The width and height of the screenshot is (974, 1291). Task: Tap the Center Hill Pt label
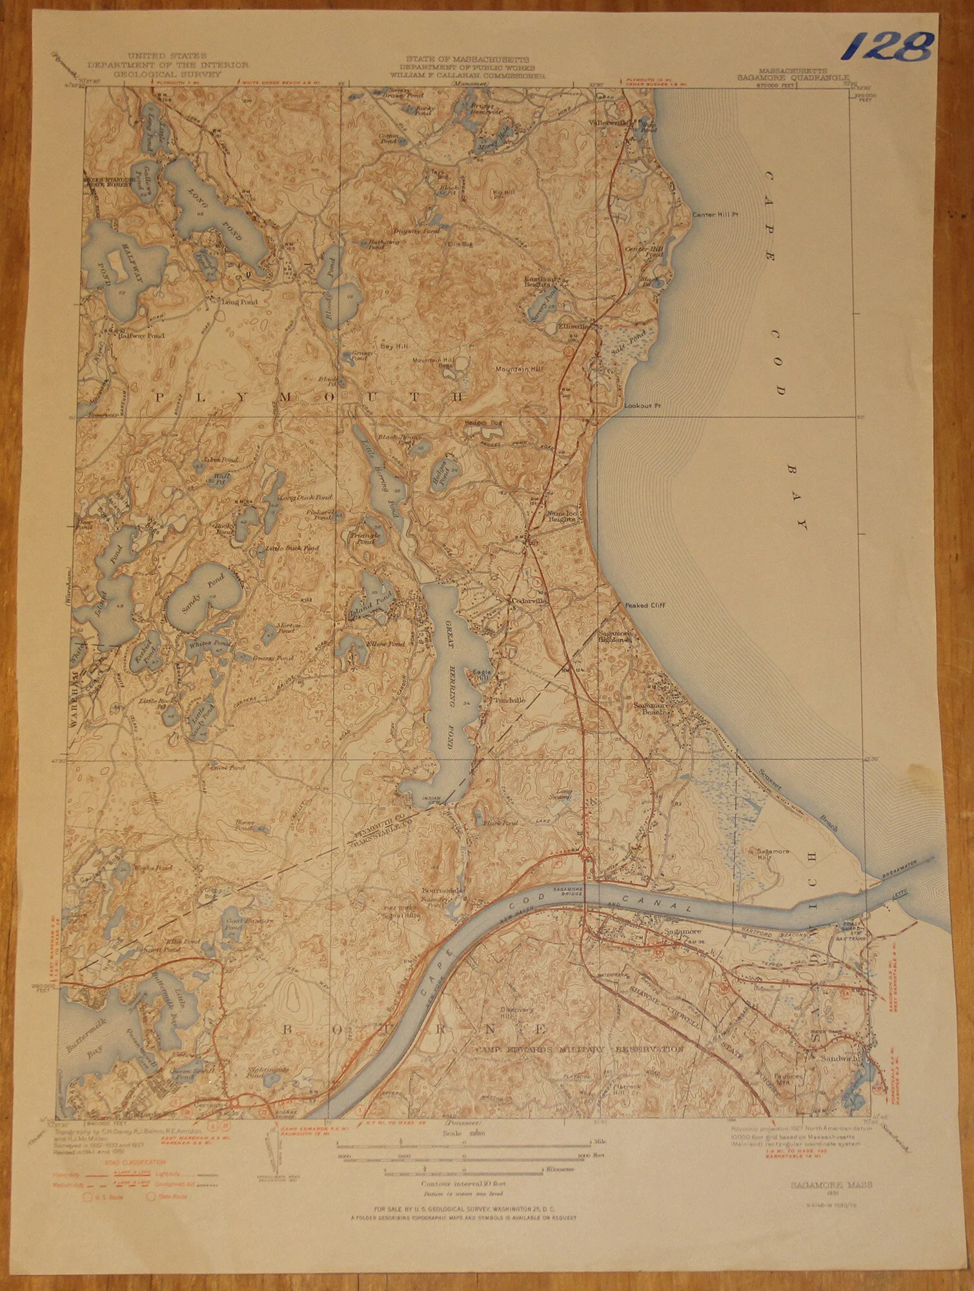tap(714, 215)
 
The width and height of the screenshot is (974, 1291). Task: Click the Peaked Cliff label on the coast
tap(645, 605)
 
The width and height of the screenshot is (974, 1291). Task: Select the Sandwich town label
tap(832, 1060)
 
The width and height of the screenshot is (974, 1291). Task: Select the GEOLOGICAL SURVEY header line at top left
tap(167, 74)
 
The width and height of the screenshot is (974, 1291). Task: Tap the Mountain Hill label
tap(519, 369)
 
